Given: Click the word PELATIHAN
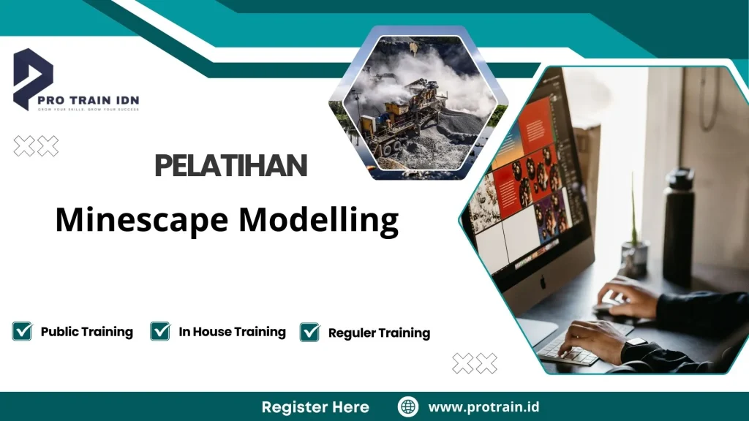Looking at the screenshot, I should [230, 167].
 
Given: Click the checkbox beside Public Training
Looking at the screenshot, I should [22, 331].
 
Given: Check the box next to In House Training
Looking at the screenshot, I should [160, 331].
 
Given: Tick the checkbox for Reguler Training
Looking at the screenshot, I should [309, 332].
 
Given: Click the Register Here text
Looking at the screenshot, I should [315, 406].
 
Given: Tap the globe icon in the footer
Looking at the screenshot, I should [407, 406].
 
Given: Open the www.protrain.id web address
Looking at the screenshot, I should [483, 406].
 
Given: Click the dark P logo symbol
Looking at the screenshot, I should [33, 77].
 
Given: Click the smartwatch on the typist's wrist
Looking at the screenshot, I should [635, 343].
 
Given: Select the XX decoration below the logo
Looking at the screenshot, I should [36, 146].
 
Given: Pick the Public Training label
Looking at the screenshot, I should [86, 331].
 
